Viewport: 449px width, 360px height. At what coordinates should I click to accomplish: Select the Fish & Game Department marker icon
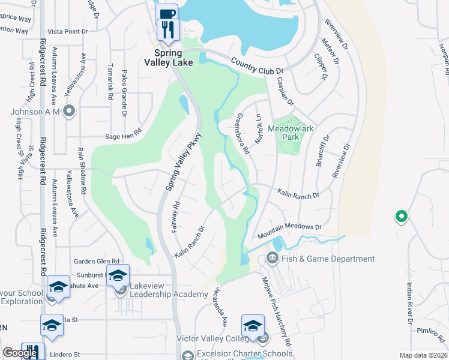271,259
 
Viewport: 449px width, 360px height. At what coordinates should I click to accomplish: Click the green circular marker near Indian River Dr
400,216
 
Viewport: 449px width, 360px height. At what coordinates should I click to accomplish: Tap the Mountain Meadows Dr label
289,232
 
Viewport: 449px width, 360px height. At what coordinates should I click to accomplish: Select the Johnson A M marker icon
70,110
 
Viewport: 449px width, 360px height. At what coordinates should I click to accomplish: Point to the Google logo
20,353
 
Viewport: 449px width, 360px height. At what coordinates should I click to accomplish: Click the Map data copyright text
424,355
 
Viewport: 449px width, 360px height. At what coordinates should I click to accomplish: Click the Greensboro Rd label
243,134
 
